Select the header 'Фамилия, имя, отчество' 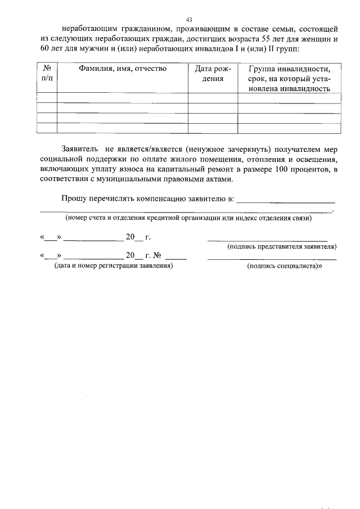tap(122, 69)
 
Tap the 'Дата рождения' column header tap(213, 74)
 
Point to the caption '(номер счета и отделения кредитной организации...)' tap(188, 218)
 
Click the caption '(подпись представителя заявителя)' tap(281, 246)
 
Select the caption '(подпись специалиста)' tap(284, 266)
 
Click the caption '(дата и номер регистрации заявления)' tap(113, 266)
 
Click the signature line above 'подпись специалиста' tap(272, 259)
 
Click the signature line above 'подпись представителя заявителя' tap(267, 240)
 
